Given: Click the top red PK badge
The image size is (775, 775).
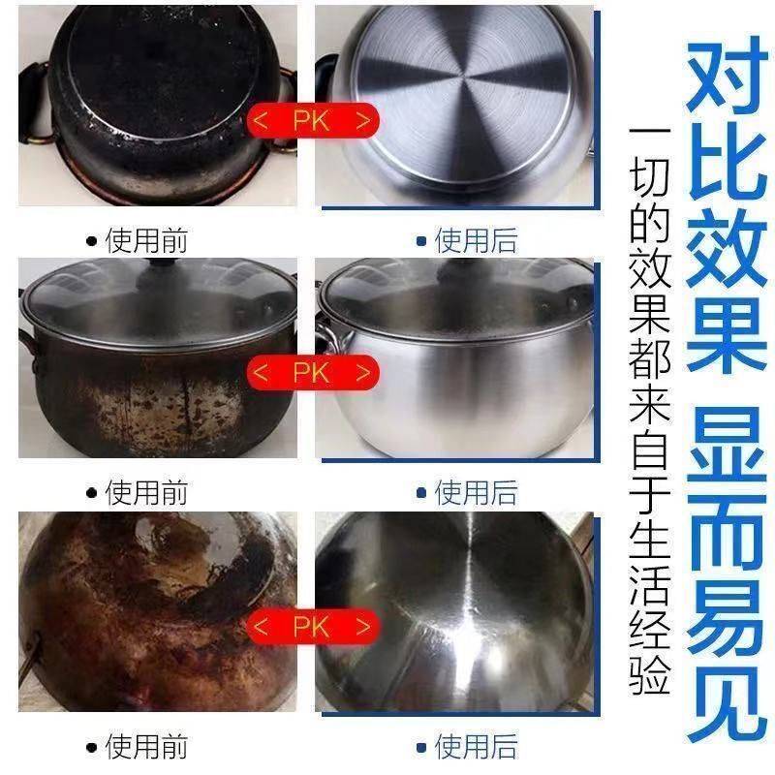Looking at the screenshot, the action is click(x=313, y=120).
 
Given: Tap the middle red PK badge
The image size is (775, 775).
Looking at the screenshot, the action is click(x=313, y=372).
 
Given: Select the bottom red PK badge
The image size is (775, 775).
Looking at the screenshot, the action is click(x=313, y=626).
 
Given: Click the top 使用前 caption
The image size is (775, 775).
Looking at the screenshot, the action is click(x=146, y=240).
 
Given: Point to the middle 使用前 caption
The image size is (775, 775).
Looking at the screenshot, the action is click(x=146, y=492).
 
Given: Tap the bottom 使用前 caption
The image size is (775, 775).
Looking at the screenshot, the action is click(x=146, y=746).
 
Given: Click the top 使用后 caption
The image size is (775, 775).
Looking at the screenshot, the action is click(x=476, y=240).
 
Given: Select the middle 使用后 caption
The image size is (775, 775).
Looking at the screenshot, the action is click(x=476, y=492).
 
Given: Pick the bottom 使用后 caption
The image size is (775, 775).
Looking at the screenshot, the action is click(x=476, y=746).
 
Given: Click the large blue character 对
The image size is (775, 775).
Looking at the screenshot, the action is click(x=722, y=76).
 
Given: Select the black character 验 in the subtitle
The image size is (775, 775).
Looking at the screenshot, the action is click(x=649, y=672).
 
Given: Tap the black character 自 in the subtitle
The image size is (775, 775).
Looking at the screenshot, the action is click(x=649, y=449).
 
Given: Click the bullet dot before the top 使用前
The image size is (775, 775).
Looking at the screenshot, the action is click(x=91, y=241).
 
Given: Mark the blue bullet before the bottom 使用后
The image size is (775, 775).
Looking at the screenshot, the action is click(x=421, y=747).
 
